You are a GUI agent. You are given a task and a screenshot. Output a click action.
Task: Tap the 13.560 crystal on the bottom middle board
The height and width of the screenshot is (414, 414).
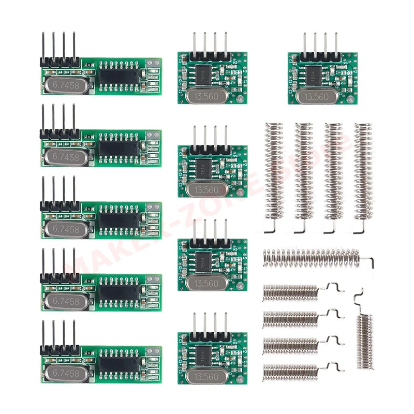click(x=206, y=376)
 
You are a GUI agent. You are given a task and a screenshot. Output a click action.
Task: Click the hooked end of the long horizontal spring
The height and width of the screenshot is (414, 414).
click(x=368, y=261)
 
